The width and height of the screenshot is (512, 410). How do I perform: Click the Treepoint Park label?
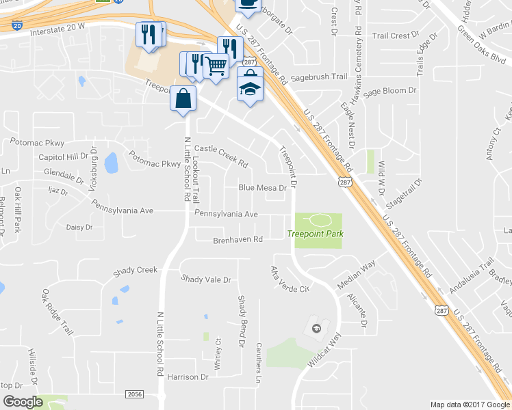(x=315, y=234)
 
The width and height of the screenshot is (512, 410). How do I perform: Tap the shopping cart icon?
(x=216, y=66)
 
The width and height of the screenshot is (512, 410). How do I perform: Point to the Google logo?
(x=22, y=402)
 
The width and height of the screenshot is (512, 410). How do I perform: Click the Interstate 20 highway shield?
(x=16, y=25)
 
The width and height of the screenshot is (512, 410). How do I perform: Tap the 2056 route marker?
(x=135, y=394)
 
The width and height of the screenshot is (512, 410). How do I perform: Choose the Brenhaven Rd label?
(x=238, y=240)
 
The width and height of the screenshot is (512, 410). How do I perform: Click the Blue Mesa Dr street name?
(x=261, y=188)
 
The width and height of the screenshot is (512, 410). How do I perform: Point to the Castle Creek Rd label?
(x=221, y=156)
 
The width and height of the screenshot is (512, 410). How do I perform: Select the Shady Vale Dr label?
(x=206, y=279)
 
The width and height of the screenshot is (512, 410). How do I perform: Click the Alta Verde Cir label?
(x=290, y=279)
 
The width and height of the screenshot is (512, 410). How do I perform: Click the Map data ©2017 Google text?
(x=469, y=405)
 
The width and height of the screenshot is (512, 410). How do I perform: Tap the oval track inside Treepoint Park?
(x=318, y=220)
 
